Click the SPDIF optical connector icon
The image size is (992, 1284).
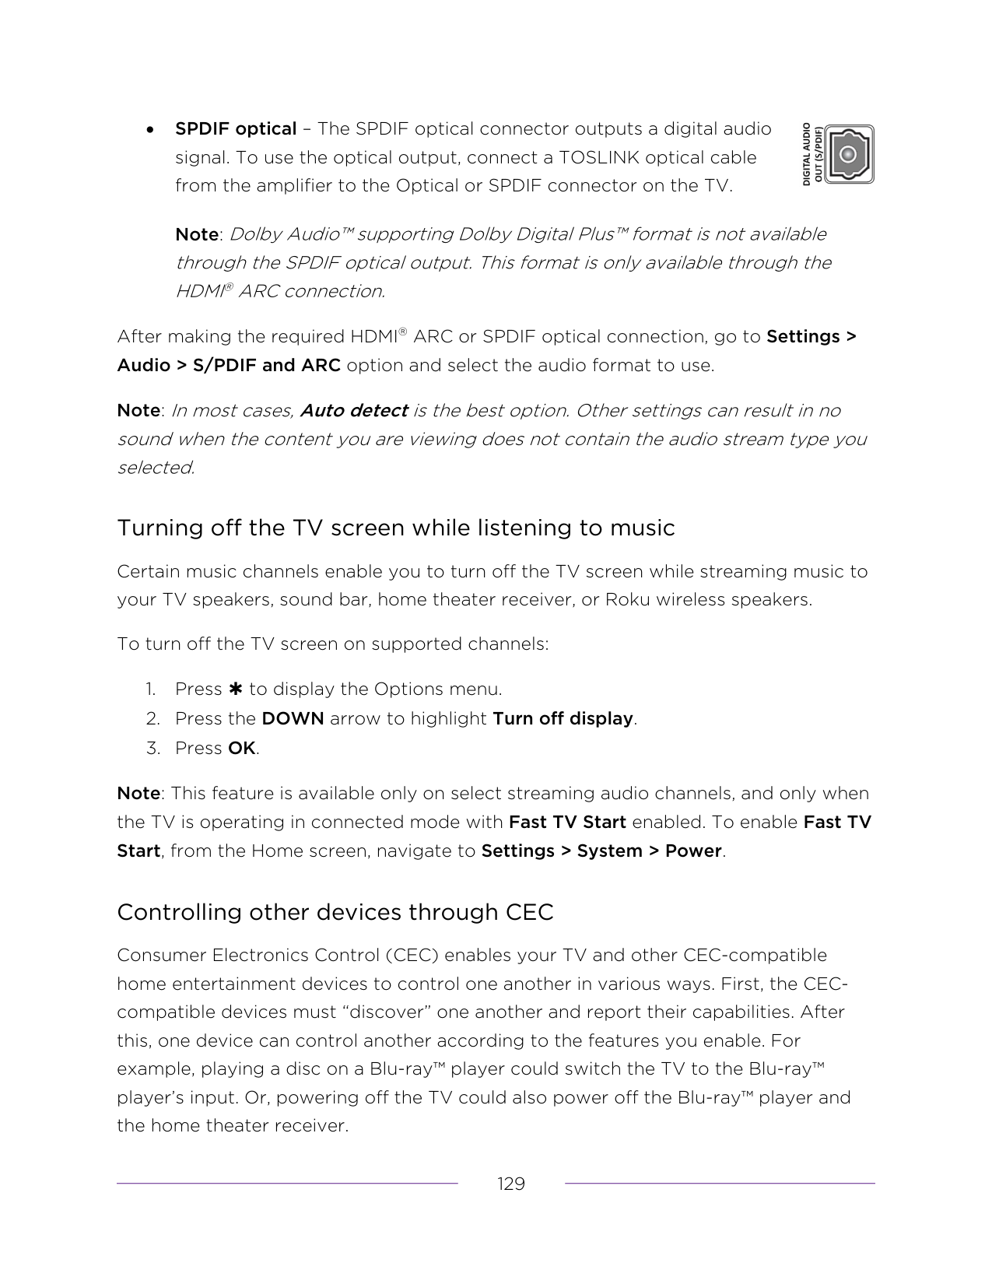850,155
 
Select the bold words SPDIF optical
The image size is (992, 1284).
236,128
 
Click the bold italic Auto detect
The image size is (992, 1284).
354,410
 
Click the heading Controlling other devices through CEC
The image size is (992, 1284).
335,912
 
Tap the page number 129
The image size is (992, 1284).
511,1184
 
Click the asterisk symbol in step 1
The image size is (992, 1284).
236,689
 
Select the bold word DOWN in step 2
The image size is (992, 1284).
293,718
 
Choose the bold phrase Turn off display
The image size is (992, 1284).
563,718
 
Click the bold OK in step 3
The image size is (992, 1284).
241,748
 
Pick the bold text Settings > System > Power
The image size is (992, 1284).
601,851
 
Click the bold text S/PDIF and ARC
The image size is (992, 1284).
266,365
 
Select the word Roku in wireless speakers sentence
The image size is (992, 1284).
627,600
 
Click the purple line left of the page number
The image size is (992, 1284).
287,1184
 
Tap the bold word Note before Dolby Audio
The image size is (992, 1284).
197,234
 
